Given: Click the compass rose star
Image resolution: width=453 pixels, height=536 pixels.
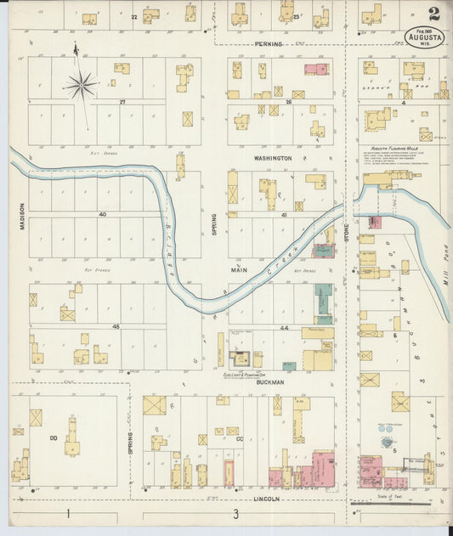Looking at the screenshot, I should [x=82, y=84].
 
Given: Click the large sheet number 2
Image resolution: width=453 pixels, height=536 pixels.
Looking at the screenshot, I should [x=433, y=14].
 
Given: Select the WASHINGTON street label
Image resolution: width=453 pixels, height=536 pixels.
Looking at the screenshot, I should [x=272, y=158].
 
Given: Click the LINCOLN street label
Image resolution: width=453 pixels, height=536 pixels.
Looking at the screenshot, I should [x=266, y=499].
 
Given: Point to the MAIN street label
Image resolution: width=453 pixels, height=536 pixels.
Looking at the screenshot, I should [x=238, y=270].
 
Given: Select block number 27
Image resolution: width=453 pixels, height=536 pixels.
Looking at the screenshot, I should [x=122, y=101].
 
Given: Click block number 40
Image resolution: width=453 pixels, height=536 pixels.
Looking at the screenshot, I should [x=102, y=214].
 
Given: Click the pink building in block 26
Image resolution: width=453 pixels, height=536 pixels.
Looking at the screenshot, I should [x=316, y=69].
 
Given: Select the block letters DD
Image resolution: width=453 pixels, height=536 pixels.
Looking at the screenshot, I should [x=53, y=437].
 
